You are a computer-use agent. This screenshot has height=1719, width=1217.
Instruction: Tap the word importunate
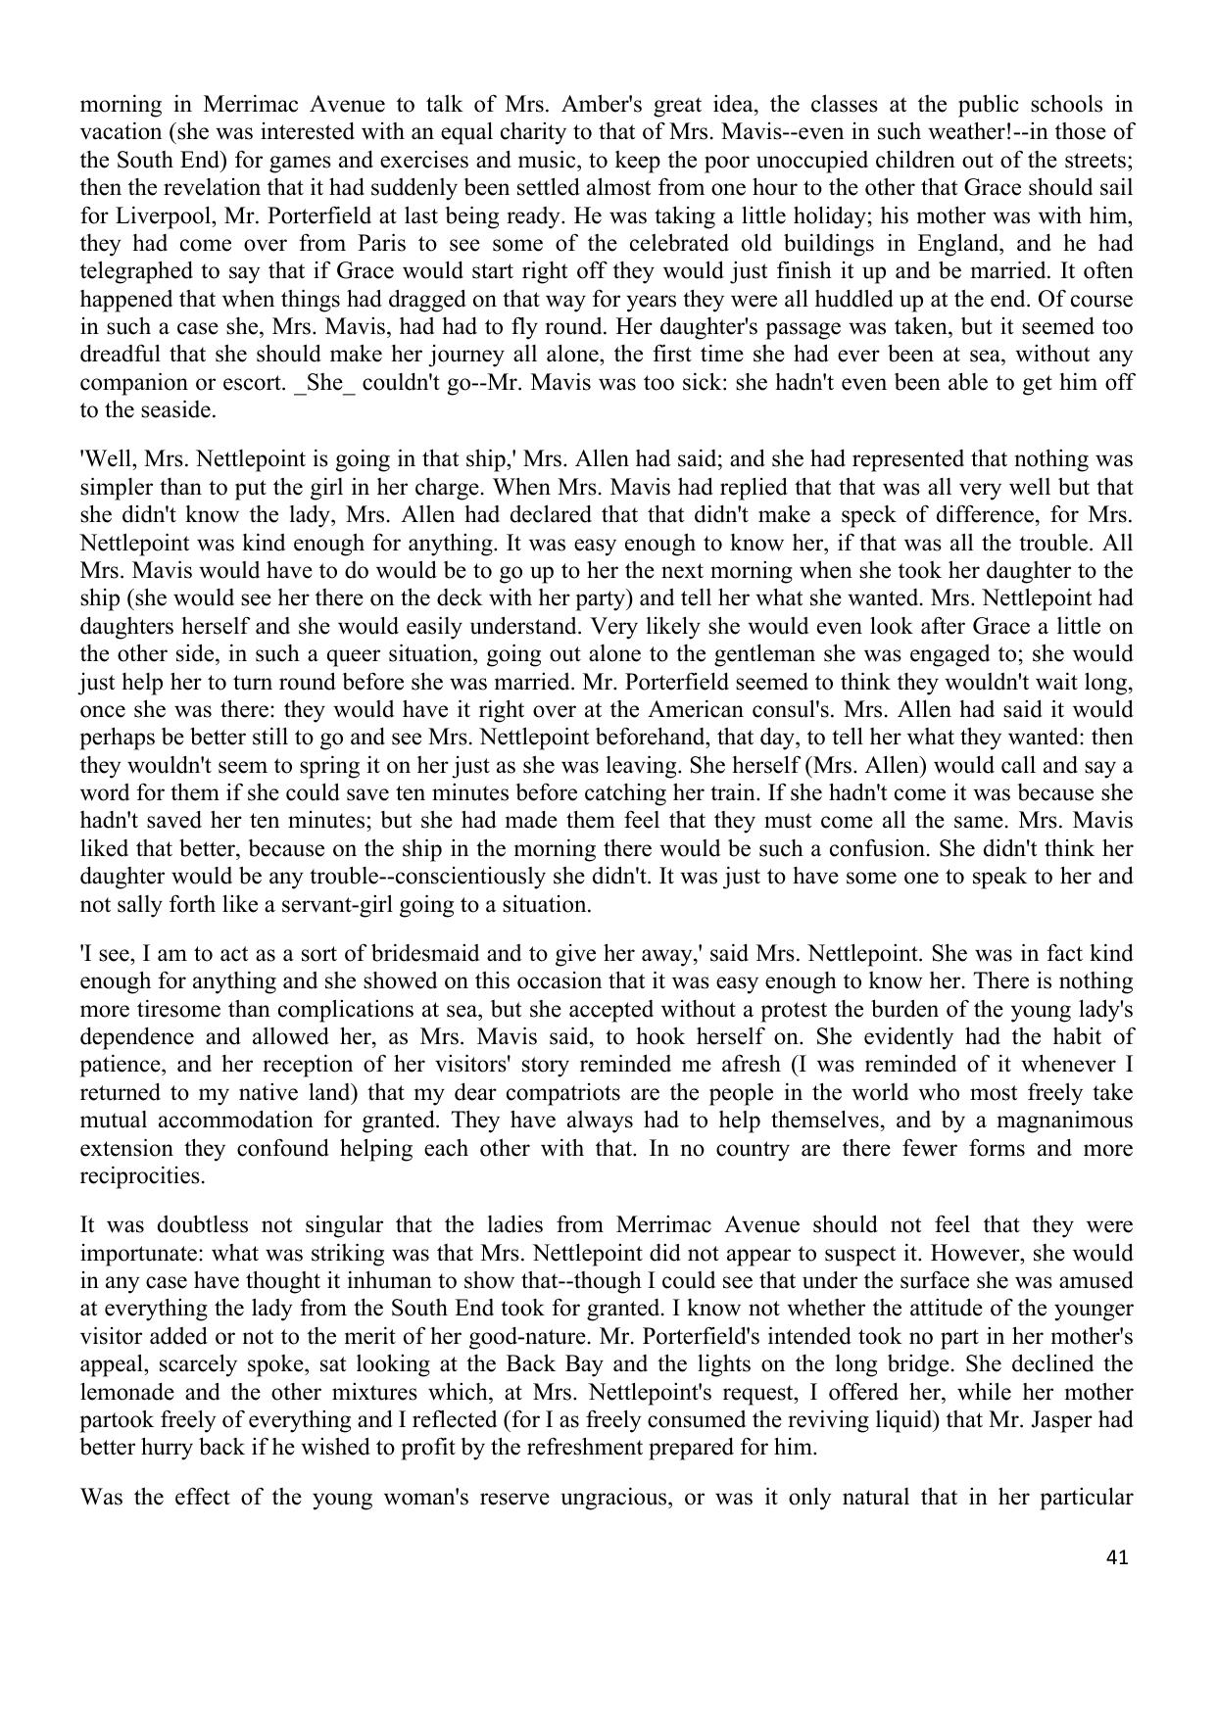click(x=140, y=1253)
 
